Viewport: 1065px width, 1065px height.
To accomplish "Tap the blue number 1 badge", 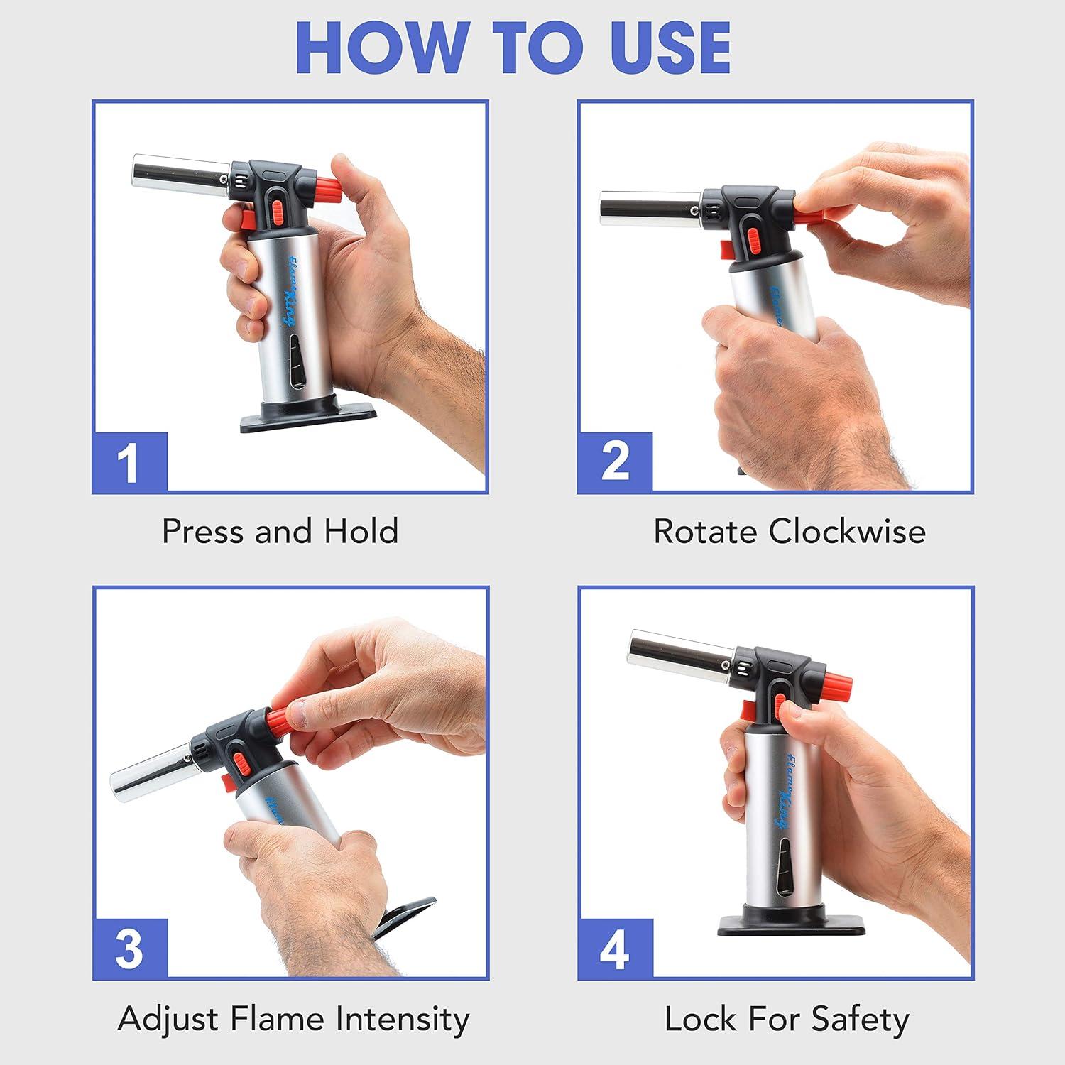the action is click(130, 462).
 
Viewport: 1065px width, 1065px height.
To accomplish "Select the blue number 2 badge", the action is click(615, 462).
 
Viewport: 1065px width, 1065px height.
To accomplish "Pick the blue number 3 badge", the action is click(130, 949).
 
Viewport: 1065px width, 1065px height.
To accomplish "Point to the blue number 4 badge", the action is click(615, 949).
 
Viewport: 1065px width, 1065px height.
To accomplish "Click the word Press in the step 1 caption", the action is click(204, 531).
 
